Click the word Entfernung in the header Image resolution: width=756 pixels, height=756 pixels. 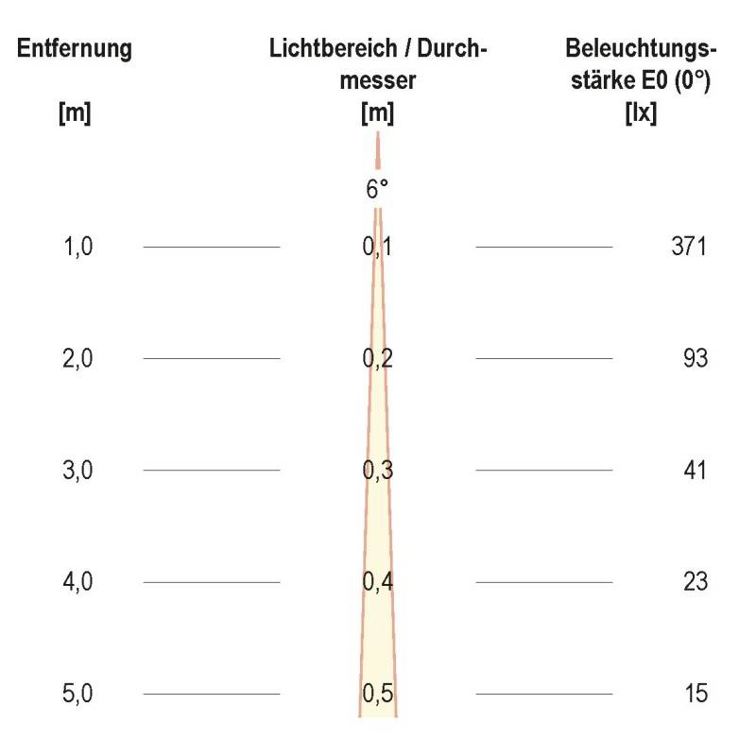pyautogui.click(x=75, y=49)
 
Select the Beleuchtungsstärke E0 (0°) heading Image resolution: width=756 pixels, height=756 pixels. pyautogui.click(x=641, y=64)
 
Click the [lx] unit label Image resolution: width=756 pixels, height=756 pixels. pyautogui.click(x=641, y=114)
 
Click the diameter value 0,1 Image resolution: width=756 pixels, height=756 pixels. pyautogui.click(x=378, y=248)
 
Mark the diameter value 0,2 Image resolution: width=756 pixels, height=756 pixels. pyautogui.click(x=378, y=359)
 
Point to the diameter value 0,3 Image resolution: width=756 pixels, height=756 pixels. pyautogui.click(x=378, y=471)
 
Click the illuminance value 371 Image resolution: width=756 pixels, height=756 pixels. pyautogui.click(x=688, y=248)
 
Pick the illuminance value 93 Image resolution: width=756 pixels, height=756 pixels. pyautogui.click(x=695, y=359)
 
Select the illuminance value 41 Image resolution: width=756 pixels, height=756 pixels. pyautogui.click(x=695, y=471)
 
